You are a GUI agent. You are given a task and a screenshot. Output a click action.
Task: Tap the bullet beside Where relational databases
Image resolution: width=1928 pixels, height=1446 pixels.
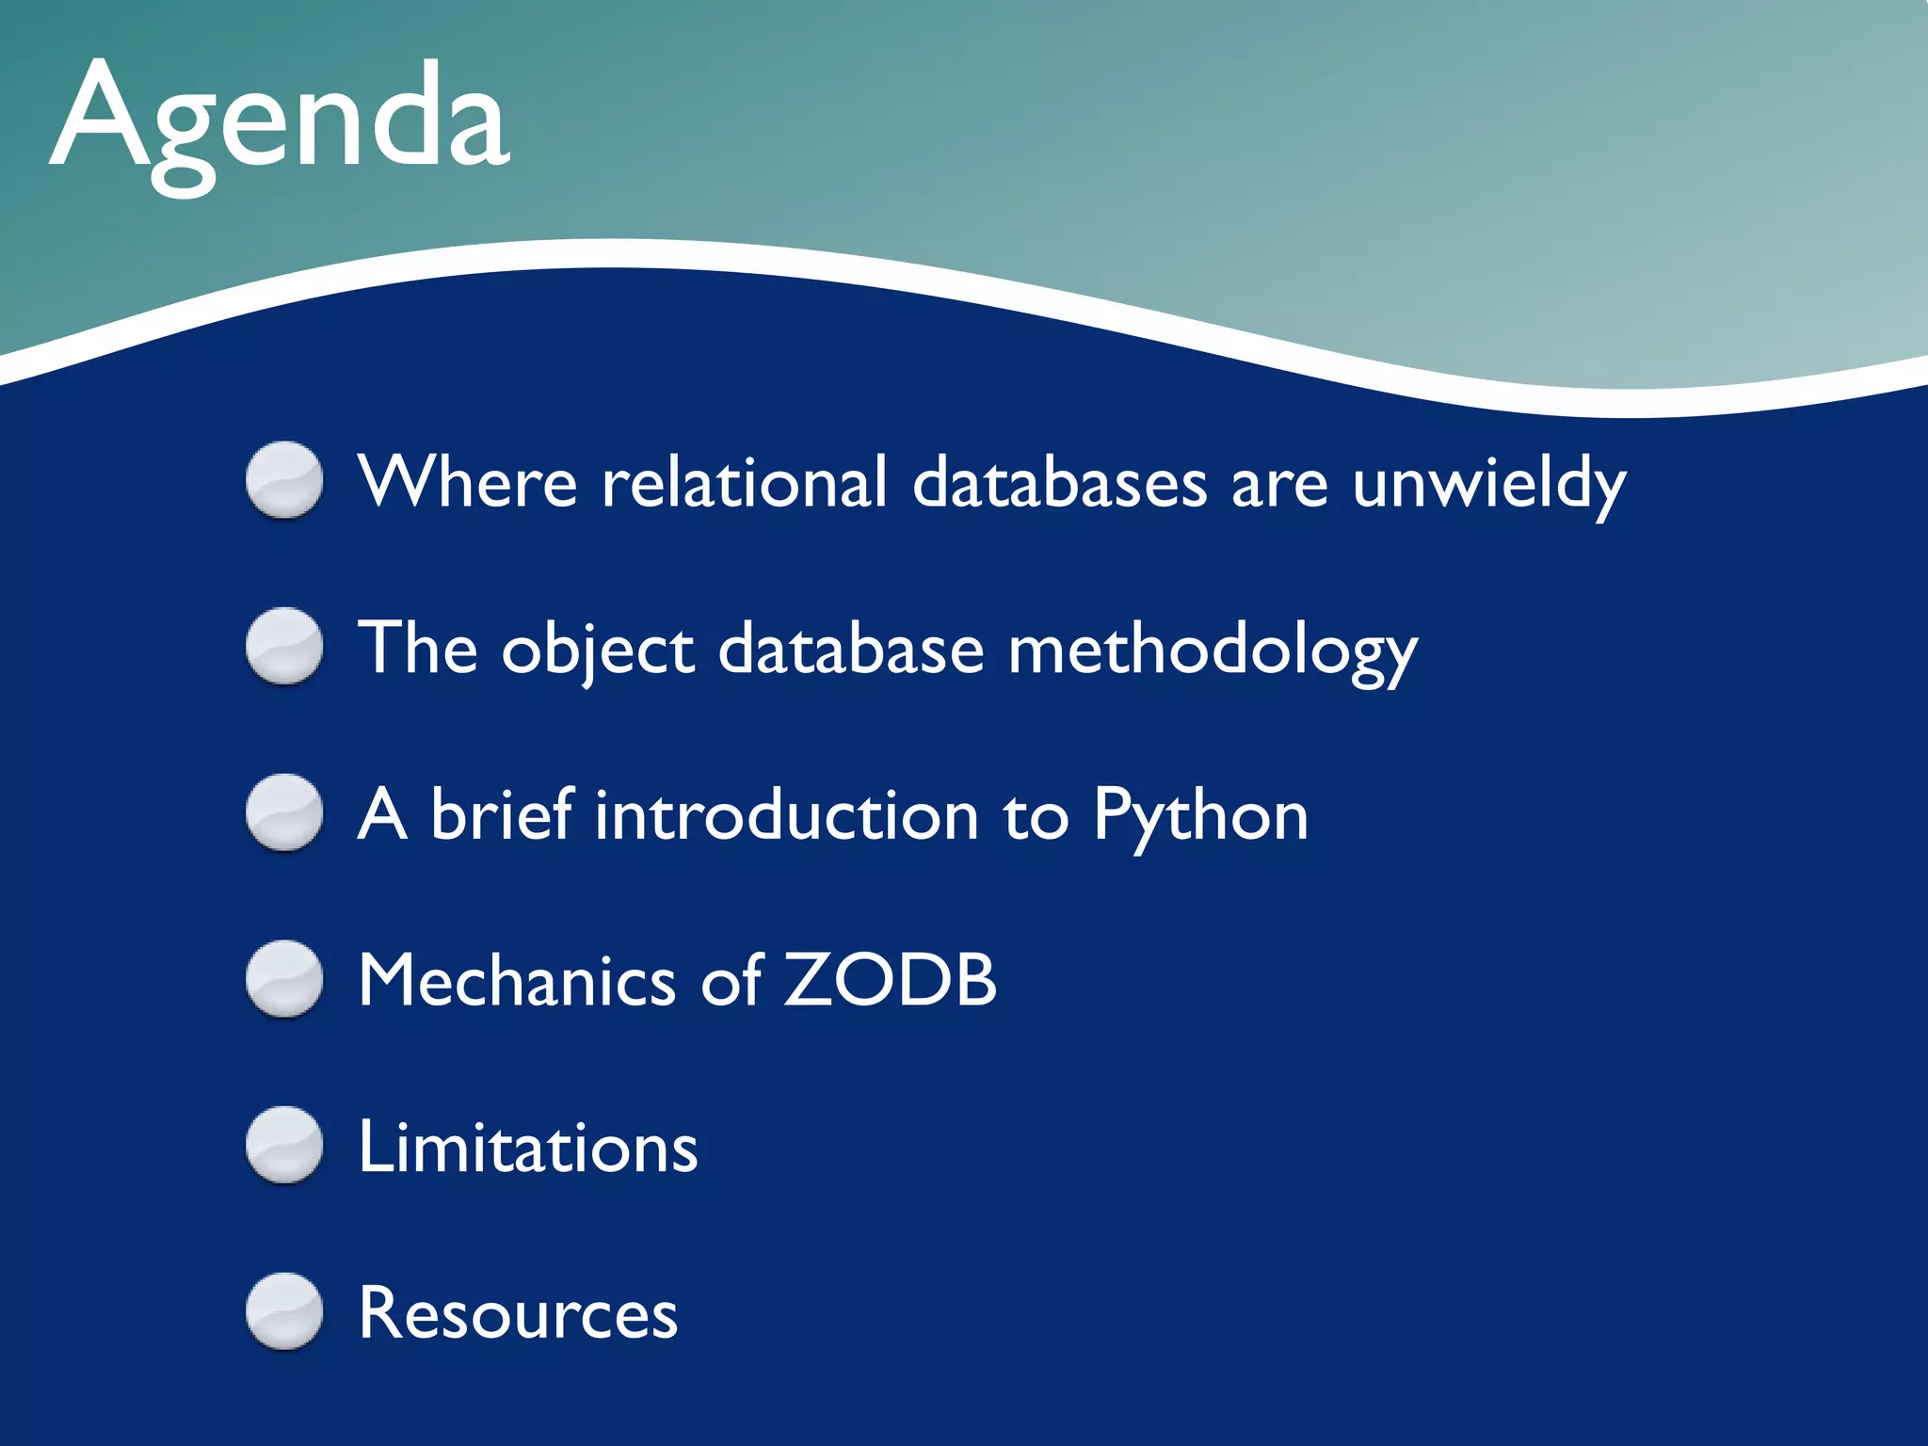click(284, 480)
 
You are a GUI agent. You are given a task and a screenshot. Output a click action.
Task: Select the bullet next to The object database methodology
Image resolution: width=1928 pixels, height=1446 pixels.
click(284, 647)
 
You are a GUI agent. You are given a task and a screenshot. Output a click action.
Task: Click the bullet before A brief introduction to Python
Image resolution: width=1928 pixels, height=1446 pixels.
click(284, 813)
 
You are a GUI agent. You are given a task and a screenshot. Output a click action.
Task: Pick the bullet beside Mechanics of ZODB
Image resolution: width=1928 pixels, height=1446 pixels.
click(284, 979)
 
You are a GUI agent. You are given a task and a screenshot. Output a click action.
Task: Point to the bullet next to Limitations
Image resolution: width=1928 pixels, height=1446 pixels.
click(284, 1146)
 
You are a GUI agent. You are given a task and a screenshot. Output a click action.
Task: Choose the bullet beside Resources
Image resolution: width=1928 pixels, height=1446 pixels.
click(284, 1312)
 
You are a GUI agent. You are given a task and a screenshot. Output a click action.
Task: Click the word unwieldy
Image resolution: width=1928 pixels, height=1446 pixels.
click(1489, 484)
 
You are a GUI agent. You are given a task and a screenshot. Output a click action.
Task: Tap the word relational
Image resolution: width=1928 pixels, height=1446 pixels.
click(744, 482)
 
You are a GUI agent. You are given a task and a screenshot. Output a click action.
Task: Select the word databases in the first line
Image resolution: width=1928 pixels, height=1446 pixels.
click(1059, 482)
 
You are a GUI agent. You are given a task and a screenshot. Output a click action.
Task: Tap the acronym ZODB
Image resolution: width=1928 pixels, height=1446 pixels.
click(891, 981)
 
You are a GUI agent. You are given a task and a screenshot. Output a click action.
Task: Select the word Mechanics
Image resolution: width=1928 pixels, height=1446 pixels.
click(517, 981)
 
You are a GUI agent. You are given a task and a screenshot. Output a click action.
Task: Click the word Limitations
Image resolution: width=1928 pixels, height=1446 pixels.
click(528, 1148)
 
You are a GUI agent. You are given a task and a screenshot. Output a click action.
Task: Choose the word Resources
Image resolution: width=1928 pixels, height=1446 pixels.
click(518, 1314)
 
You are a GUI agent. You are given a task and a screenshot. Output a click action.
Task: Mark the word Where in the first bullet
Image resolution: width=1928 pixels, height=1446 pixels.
click(468, 482)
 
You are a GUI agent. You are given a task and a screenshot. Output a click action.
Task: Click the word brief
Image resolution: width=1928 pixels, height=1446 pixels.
click(502, 815)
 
